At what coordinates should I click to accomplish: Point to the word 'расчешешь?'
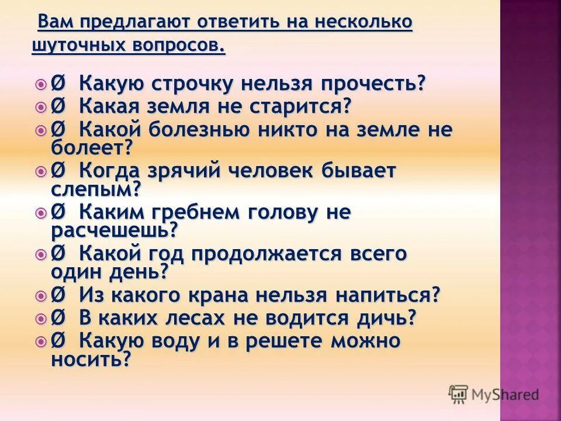click(115, 230)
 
